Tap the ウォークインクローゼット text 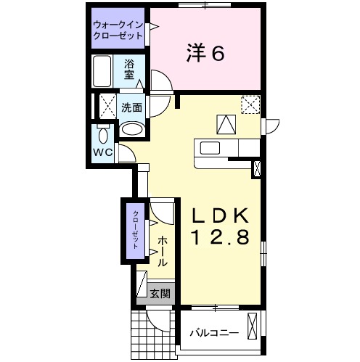[x=117, y=31]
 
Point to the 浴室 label [x=129, y=69]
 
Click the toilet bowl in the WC [x=102, y=135]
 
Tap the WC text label [x=102, y=153]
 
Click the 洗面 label [x=131, y=107]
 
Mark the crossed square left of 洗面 [x=106, y=107]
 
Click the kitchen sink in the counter [x=211, y=148]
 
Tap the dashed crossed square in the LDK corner [x=250, y=105]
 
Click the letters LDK [x=221, y=215]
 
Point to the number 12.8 [x=221, y=236]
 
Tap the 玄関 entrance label [x=160, y=294]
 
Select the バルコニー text [x=214, y=332]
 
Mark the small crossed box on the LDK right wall [x=257, y=169]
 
